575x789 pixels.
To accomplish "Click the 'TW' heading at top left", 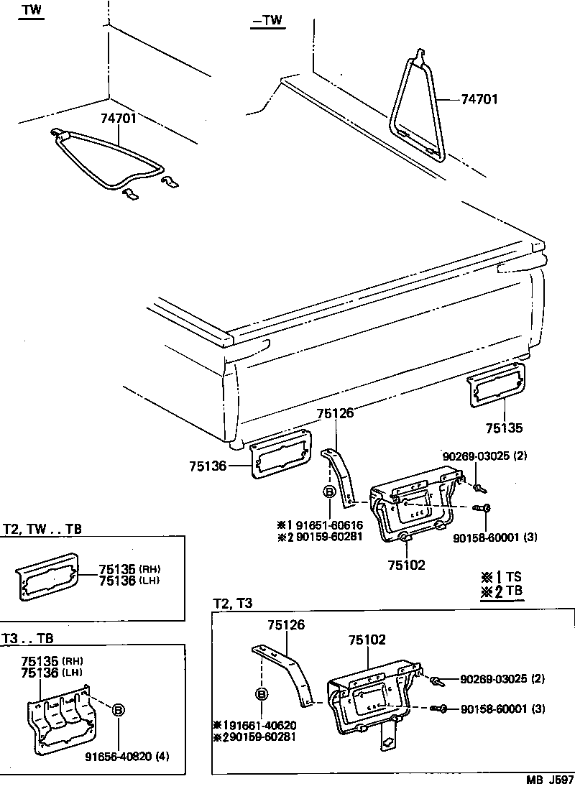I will pos(31,10).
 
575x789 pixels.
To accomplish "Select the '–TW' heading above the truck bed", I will pos(267,21).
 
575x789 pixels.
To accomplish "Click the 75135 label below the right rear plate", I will pos(504,428).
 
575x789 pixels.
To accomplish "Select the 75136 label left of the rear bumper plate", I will pos(208,466).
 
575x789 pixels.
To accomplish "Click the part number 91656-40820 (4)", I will pos(127,756).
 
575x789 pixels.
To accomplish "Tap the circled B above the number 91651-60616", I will pos(329,492).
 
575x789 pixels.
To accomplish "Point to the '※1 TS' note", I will pos(502,576).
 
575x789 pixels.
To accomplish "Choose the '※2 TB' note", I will pos(502,592).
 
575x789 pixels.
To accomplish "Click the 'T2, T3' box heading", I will pos(233,603).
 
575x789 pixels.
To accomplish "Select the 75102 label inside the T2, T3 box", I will pos(367,639).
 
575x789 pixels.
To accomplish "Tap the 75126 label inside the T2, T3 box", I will pos(286,625).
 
